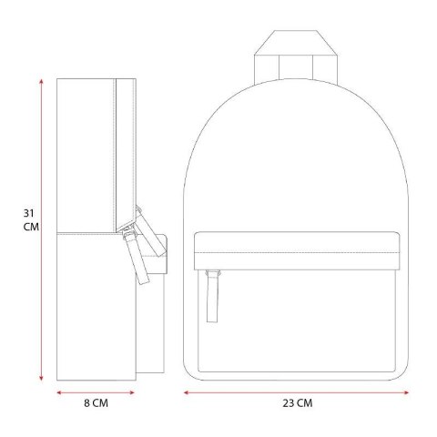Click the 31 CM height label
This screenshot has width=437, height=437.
31,220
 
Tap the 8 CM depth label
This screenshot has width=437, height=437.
96,403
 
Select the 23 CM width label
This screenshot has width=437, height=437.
298,403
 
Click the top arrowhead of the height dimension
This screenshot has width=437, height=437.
41,81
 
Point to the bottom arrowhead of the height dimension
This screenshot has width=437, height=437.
41,378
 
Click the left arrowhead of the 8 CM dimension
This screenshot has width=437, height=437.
59,392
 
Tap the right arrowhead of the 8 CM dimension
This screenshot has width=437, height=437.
132,392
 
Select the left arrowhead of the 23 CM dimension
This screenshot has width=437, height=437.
187,392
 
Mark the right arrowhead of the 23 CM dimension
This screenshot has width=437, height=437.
406,392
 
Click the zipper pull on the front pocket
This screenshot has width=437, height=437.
212,296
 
